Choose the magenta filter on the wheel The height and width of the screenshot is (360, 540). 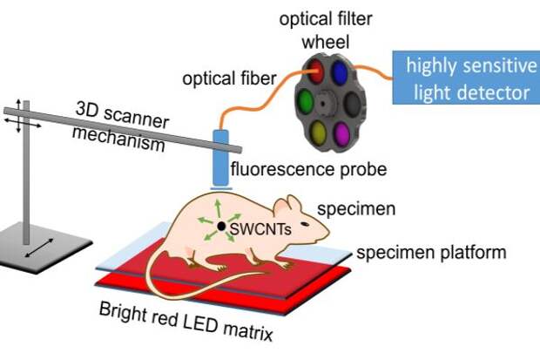(x=342, y=132)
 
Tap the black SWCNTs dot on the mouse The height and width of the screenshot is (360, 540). (x=223, y=228)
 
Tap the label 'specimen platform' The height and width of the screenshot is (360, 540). (x=432, y=254)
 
